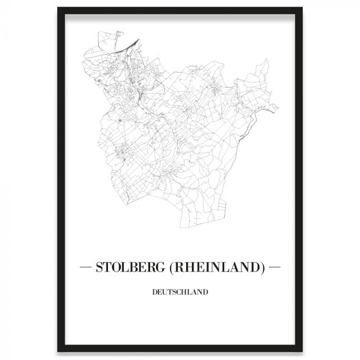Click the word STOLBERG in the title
click(x=129, y=267)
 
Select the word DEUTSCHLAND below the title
click(x=180, y=293)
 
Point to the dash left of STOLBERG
click(x=85, y=267)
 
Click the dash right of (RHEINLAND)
click(x=275, y=267)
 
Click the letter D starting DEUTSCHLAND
click(x=155, y=293)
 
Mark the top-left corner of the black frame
click(x=59, y=9)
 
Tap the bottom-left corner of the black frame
click(x=59, y=351)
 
